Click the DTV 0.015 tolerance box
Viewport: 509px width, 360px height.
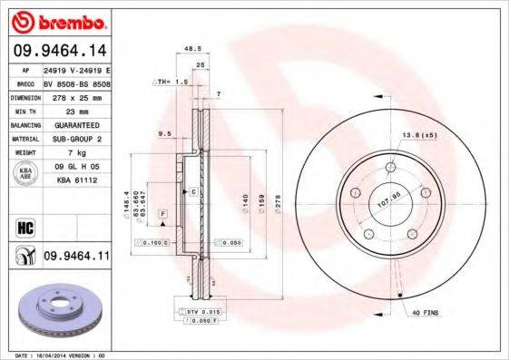[x=201, y=312]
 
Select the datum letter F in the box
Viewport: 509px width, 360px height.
[x=161, y=212]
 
